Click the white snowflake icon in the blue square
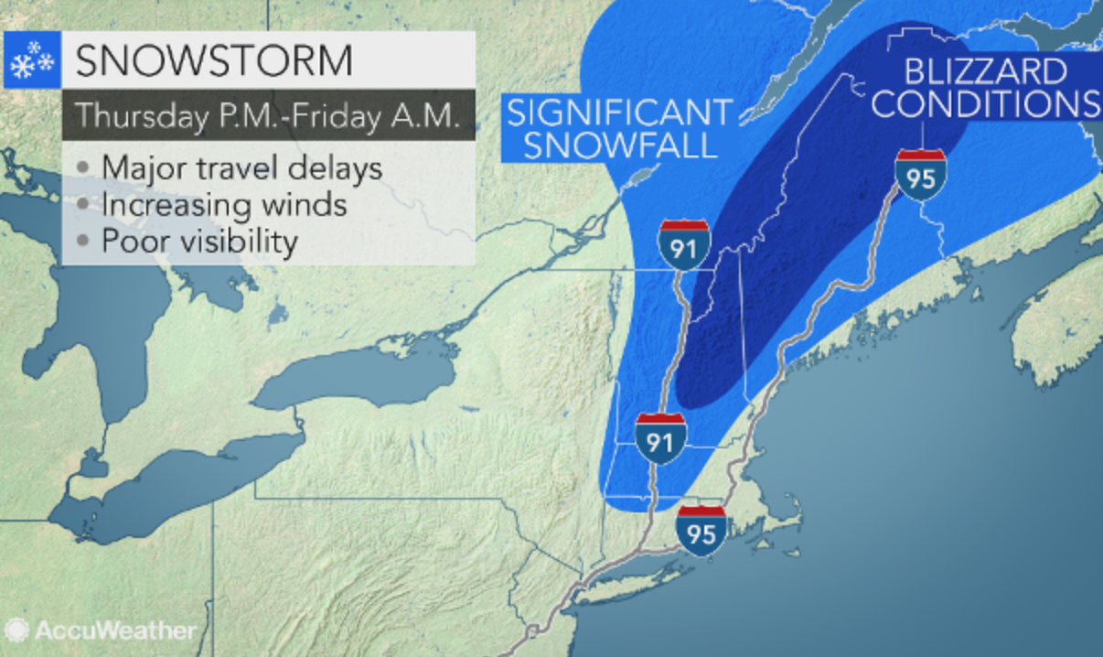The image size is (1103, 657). pos(32,60)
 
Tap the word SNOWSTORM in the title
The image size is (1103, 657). pos(213,60)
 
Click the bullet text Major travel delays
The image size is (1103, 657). pos(241,169)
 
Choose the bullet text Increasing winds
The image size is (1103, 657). pos(224,205)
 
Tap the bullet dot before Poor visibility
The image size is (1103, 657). pos(84,242)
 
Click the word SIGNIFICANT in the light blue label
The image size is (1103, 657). pos(619,113)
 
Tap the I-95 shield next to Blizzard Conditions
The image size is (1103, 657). pos(920,174)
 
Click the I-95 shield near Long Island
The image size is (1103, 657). pos(701,529)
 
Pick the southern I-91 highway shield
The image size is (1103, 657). pos(660,437)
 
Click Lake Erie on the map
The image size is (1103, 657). pos(174,485)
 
